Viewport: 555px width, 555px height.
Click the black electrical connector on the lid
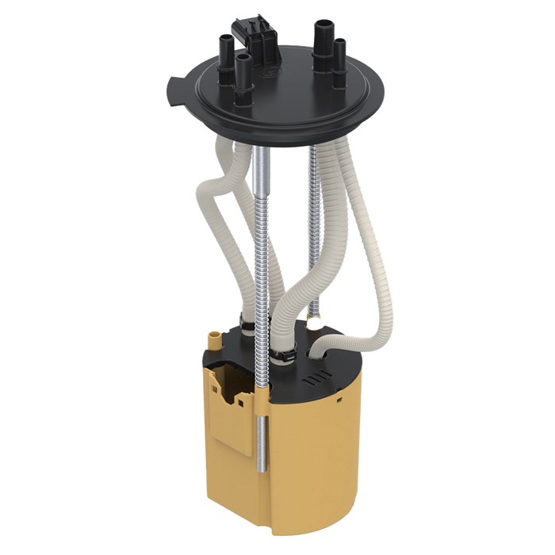(252, 36)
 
